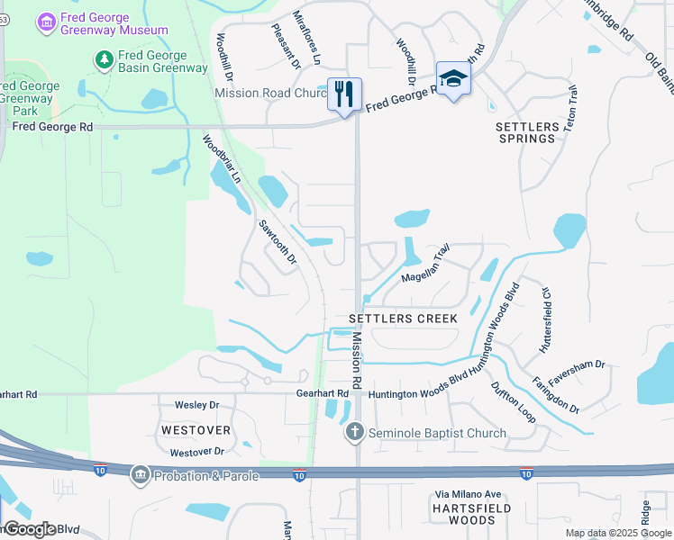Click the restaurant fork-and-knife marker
coord(344,94)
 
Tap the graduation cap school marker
coord(454,78)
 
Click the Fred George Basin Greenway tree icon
coord(105,59)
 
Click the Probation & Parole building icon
coord(140,475)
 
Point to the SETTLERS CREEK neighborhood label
coord(404,319)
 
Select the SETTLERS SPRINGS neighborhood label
coord(526,133)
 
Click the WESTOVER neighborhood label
coord(196,430)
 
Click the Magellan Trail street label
coord(425,264)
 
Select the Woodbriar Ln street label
coord(222,159)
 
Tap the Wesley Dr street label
coord(197,406)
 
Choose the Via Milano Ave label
coord(468,494)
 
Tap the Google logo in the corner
coord(29,529)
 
